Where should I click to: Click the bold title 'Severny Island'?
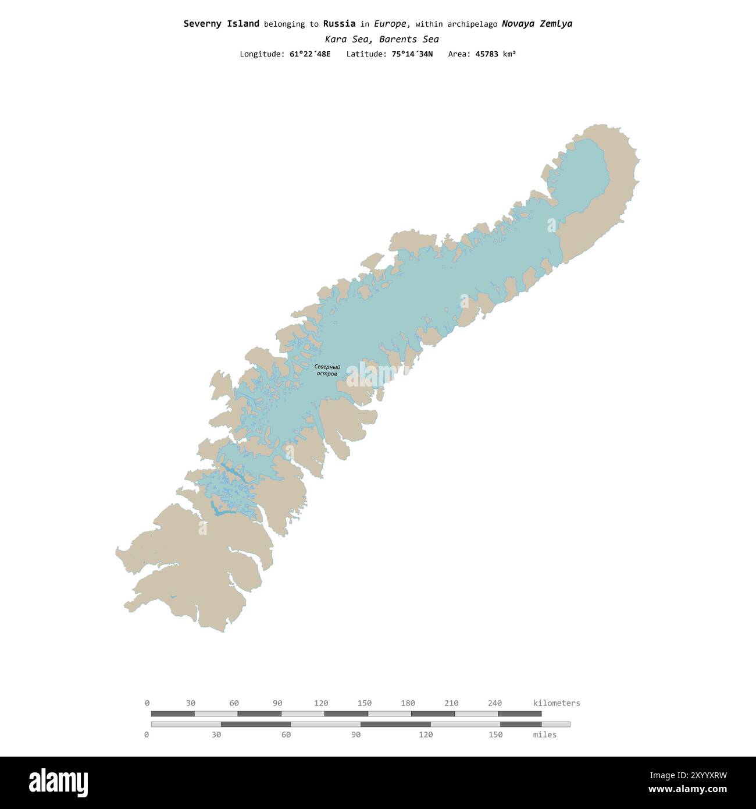(221, 24)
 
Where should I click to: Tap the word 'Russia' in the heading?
(339, 24)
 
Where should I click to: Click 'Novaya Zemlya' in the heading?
(537, 24)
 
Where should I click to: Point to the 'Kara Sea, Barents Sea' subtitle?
(381, 40)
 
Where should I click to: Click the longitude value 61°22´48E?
(309, 54)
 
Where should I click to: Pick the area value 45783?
(486, 54)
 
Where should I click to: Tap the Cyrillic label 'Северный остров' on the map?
(327, 370)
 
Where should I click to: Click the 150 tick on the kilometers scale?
(365, 703)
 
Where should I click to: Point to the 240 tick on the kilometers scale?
(495, 703)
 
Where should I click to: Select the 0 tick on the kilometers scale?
(147, 703)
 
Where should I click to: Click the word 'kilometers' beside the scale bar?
(557, 703)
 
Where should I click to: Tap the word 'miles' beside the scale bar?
(544, 735)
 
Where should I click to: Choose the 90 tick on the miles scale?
(356, 735)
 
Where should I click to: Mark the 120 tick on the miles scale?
(426, 735)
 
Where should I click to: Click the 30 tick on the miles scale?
(216, 735)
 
